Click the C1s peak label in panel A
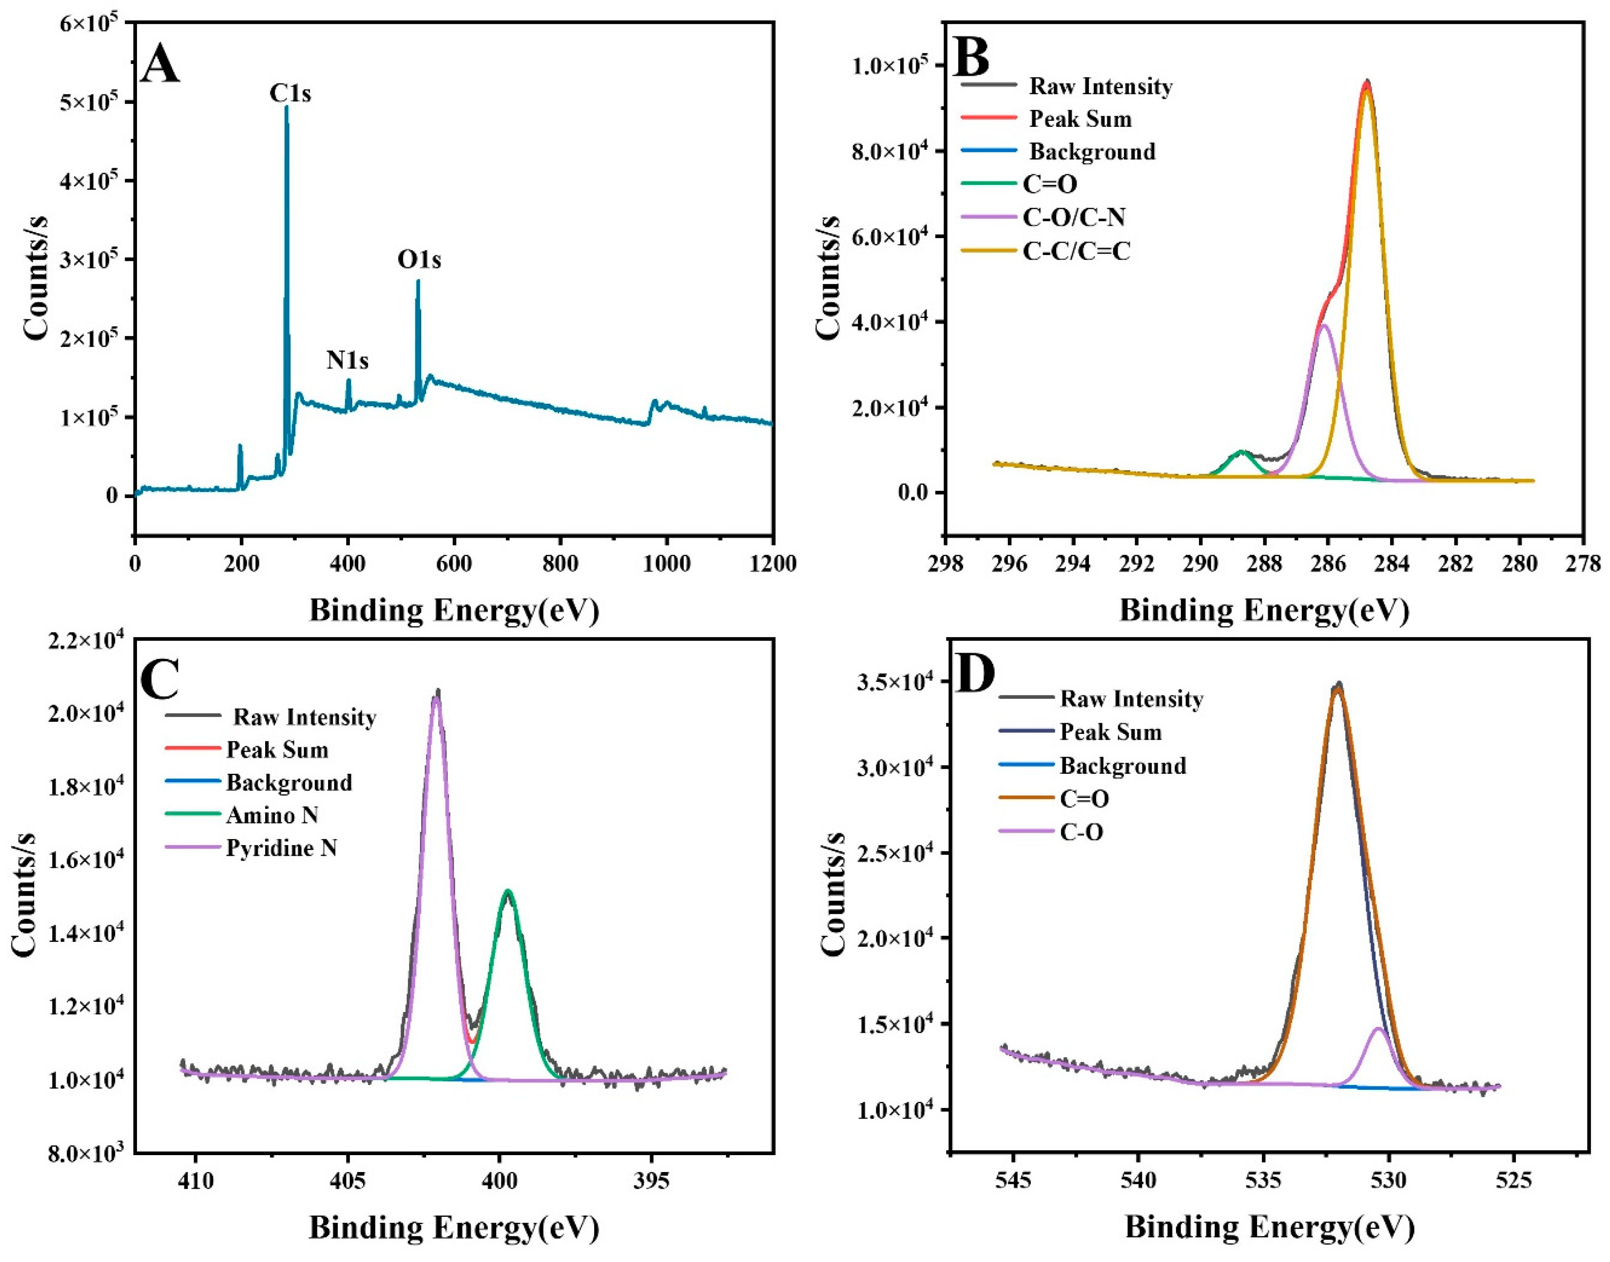290,94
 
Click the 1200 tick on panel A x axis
772,564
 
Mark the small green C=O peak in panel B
1241,452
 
